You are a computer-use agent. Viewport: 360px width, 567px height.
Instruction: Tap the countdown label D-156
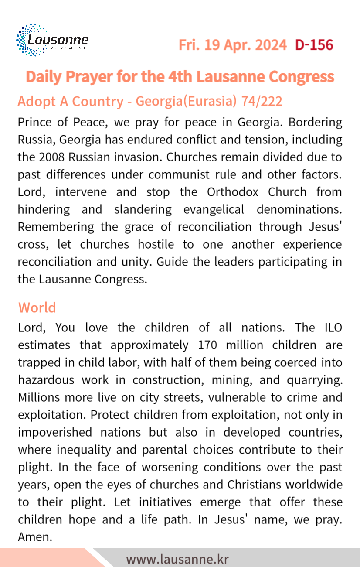click(314, 45)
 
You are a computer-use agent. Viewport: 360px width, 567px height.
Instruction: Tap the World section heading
click(37, 307)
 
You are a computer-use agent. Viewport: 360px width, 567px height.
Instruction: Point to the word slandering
click(143, 209)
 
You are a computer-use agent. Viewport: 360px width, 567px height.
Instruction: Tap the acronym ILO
click(330, 327)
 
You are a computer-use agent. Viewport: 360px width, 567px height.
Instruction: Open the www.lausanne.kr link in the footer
click(177, 559)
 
